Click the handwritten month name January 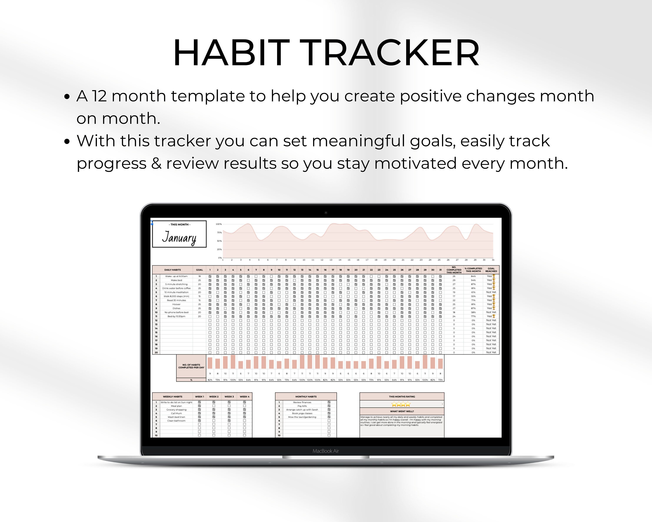coord(179,237)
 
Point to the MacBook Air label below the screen coord(326,451)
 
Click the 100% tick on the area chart coord(219,224)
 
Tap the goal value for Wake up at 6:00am coord(199,276)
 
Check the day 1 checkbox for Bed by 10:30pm coord(210,316)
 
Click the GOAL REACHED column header coord(491,270)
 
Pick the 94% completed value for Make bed coord(473,280)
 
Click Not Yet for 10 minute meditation coord(491,292)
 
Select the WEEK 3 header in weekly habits coord(229,397)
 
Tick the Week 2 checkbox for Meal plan coord(214,406)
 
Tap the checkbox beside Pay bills coord(329,406)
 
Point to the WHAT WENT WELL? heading coord(402,411)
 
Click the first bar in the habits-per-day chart coord(210,363)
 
